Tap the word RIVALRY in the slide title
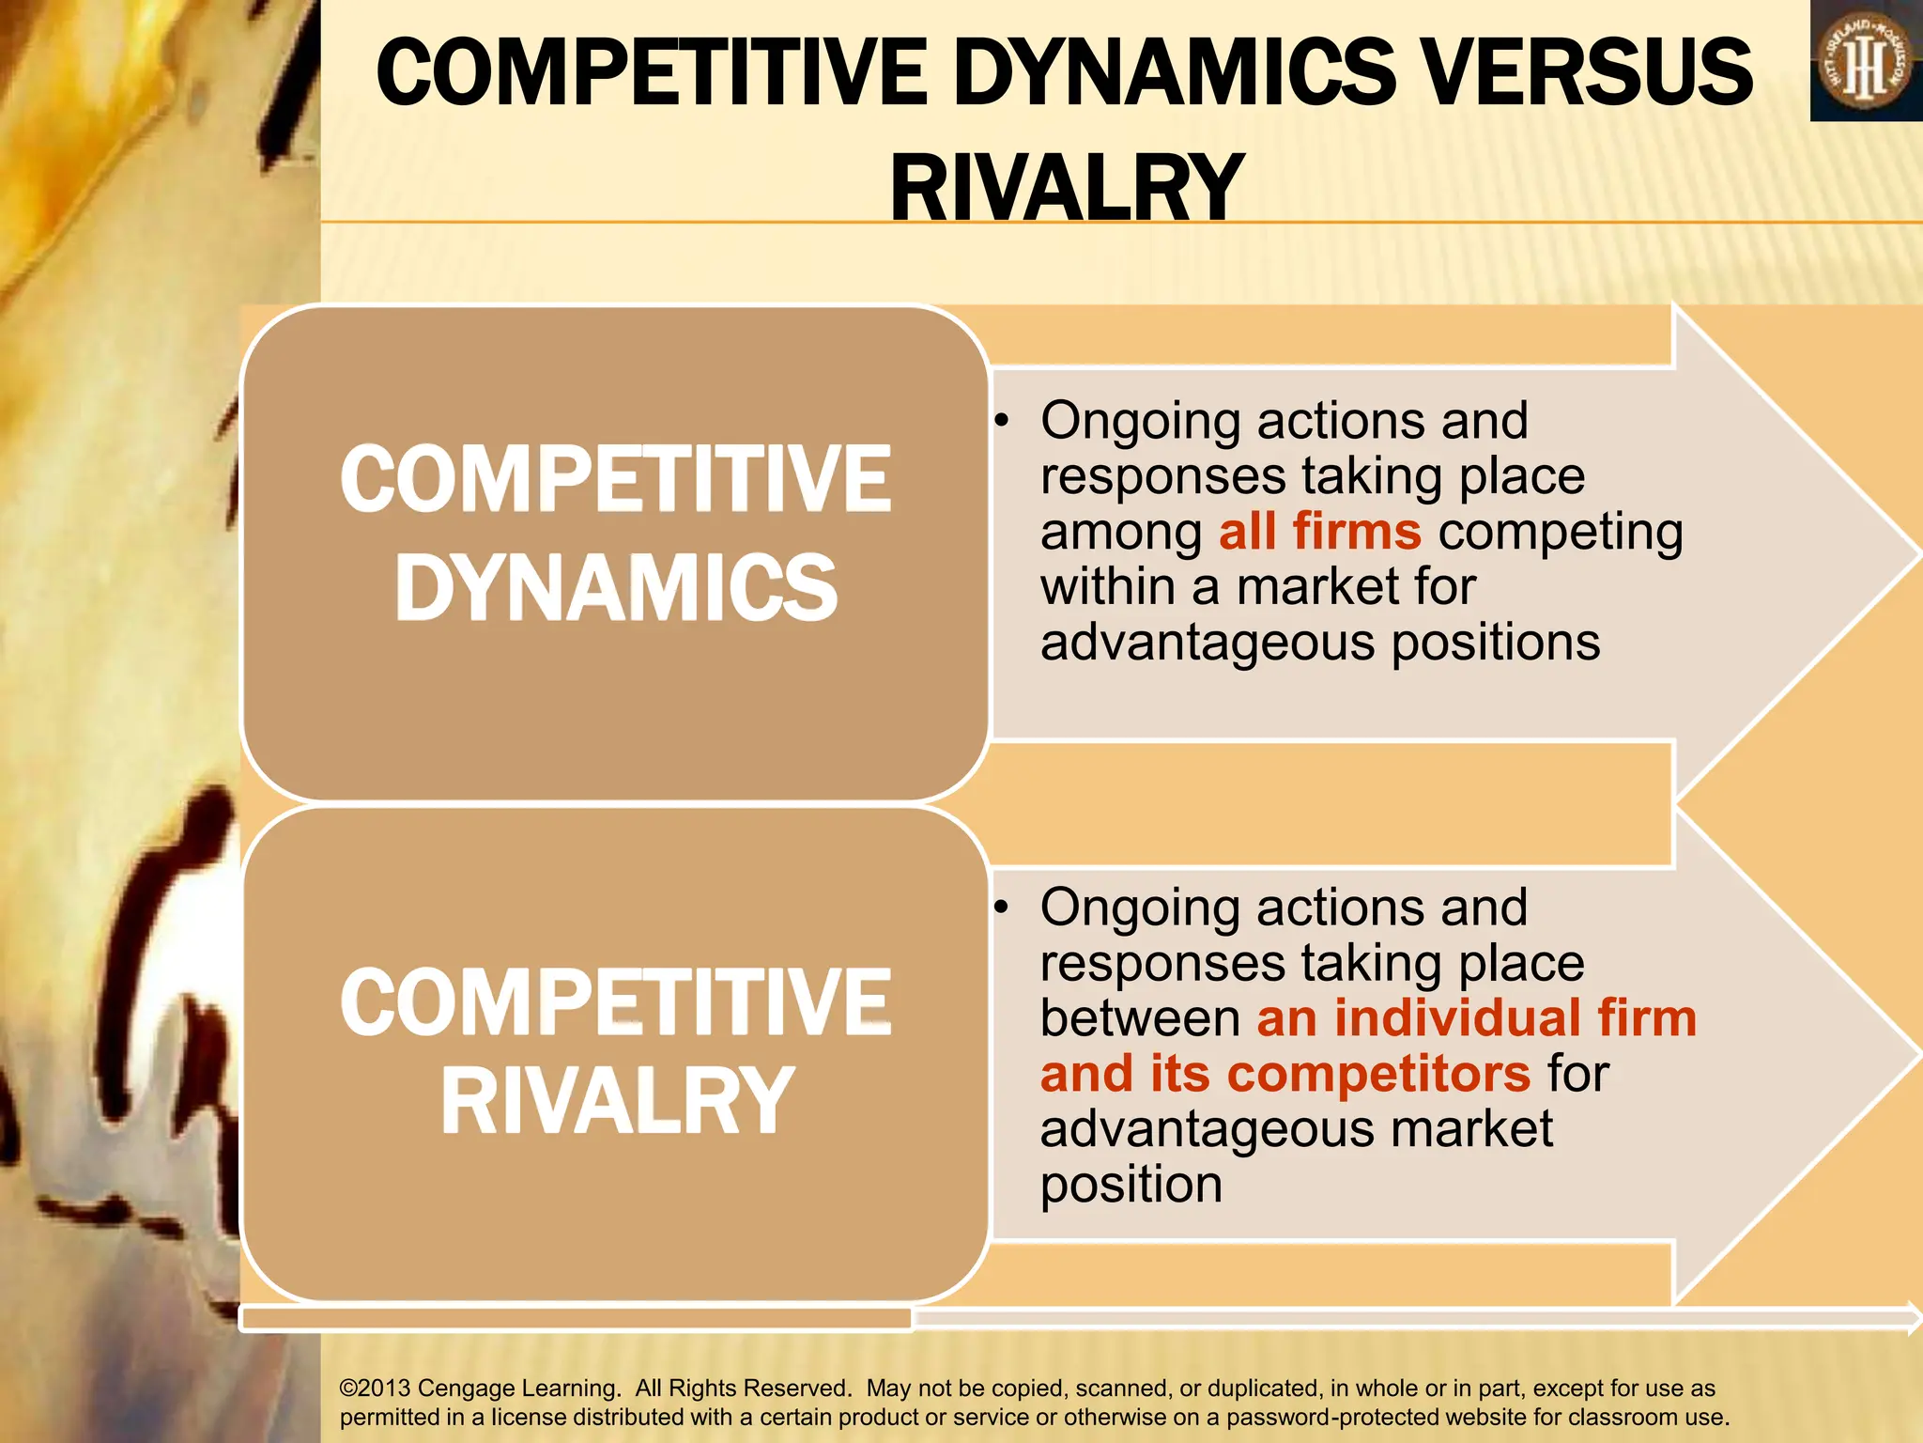[1067, 188]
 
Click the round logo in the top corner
[1865, 62]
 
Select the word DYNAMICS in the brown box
[616, 588]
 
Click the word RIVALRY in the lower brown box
[617, 1101]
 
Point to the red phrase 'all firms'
[1319, 532]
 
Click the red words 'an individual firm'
[1476, 1018]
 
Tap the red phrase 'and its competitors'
[1285, 1074]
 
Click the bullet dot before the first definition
[1003, 421]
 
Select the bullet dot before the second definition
[1003, 908]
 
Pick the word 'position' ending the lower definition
[1131, 1186]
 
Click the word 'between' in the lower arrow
[1140, 1019]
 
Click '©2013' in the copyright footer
[375, 1389]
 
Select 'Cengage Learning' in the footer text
[518, 1389]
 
